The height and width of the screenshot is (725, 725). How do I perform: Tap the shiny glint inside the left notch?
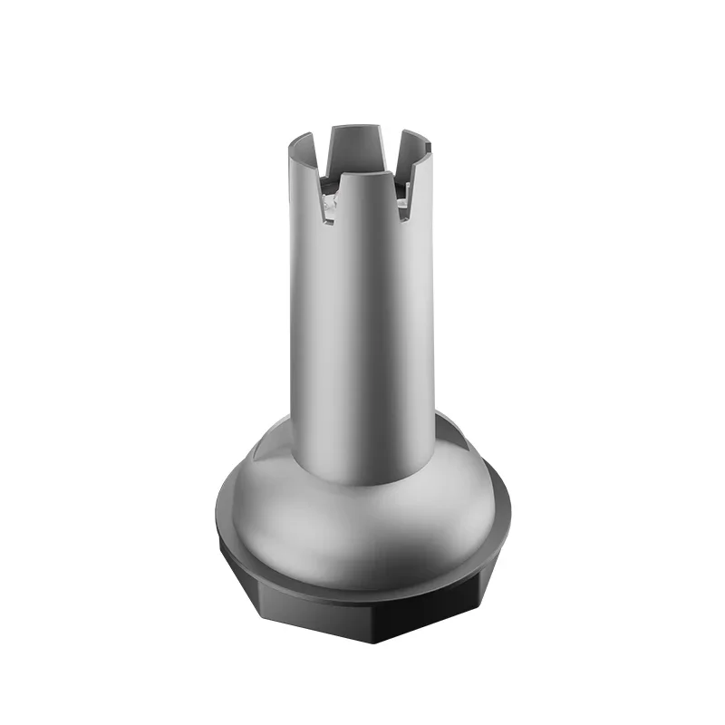click(x=327, y=209)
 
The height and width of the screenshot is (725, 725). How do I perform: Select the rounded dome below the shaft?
click(x=362, y=526)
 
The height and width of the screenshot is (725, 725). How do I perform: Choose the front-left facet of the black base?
click(x=290, y=616)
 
